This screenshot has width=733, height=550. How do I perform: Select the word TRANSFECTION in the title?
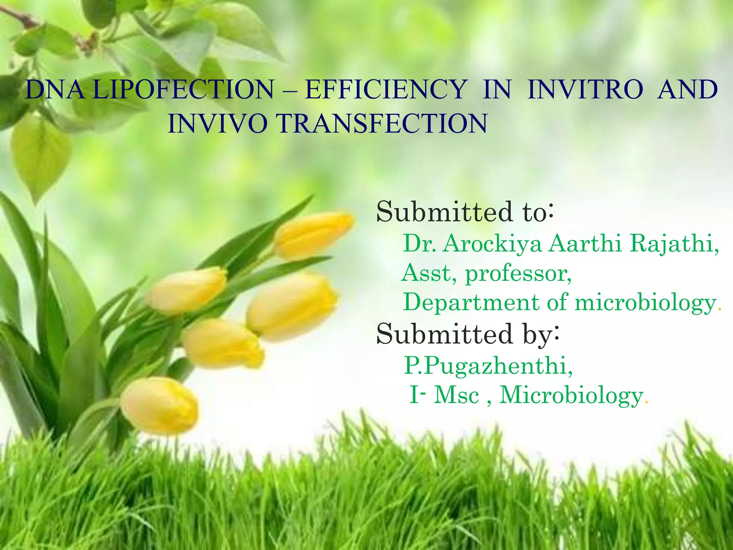382,124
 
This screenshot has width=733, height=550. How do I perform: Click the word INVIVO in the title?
218,124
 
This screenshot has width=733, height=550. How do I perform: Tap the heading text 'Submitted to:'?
465,212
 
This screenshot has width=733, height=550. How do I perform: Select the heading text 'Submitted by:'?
467,334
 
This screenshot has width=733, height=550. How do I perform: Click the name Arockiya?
492,244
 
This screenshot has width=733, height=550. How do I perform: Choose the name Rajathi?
674,244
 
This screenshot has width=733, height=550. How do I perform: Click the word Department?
471,303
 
